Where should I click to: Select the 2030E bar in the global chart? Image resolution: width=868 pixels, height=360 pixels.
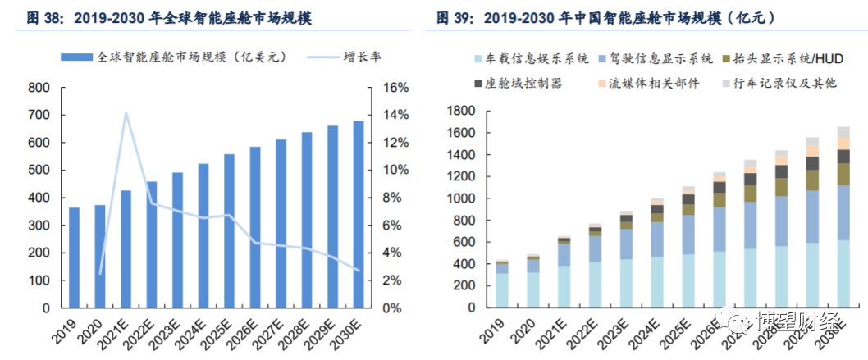(359, 215)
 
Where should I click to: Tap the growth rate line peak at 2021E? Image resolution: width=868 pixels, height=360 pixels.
(126, 113)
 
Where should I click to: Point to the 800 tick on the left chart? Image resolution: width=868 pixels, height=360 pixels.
(39, 88)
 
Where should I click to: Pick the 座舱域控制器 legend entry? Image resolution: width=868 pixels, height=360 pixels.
(524, 83)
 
